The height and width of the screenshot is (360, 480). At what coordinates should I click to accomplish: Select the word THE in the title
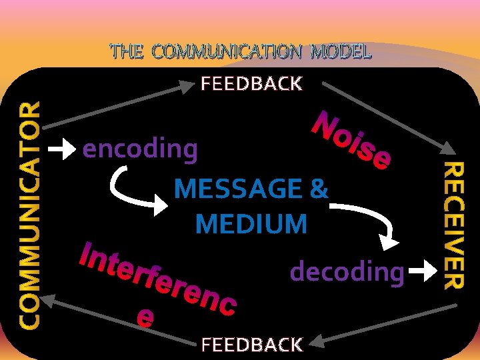coord(126,51)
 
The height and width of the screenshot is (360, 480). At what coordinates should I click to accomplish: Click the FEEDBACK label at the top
coord(251,84)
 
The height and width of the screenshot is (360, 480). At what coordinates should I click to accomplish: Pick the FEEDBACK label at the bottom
coord(251,345)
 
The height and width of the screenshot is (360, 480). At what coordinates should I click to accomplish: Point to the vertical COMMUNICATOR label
coord(29,215)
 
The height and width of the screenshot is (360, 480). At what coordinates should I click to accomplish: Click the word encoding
coord(140,149)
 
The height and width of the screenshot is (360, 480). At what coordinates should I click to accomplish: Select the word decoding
coord(347,271)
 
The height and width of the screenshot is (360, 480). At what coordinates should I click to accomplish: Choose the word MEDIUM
coord(251,224)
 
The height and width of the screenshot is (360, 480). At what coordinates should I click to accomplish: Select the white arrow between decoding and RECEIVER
coord(421,271)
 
